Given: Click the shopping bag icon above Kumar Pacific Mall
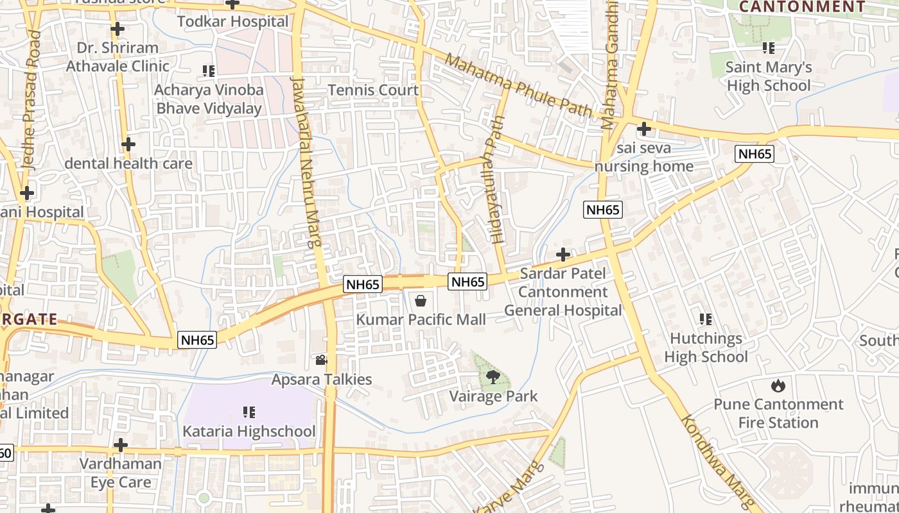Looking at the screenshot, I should pos(421,300).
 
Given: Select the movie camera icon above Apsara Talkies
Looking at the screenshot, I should pos(321,360).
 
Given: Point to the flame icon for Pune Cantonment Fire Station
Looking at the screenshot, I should pos(778,385).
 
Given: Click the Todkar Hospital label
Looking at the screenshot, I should pos(232,21).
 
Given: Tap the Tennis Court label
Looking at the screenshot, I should pos(373,90).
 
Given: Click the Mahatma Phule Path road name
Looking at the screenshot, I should pos(518,85).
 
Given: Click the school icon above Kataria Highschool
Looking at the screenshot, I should pos(249,412).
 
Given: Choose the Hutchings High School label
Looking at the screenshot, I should pos(706,348).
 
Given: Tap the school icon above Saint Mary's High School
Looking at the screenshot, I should pos(768,48).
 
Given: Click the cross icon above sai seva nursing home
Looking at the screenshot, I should pos(643,130).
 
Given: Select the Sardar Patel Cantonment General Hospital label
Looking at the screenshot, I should pos(563,292).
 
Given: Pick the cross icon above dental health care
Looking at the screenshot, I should pos(128,144).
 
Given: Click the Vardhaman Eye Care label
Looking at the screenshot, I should pos(120,473).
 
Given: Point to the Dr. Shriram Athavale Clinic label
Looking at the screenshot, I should pos(118,57).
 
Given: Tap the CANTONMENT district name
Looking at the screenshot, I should pos(802,7).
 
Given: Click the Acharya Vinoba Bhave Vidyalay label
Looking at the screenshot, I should pos(209,99).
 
